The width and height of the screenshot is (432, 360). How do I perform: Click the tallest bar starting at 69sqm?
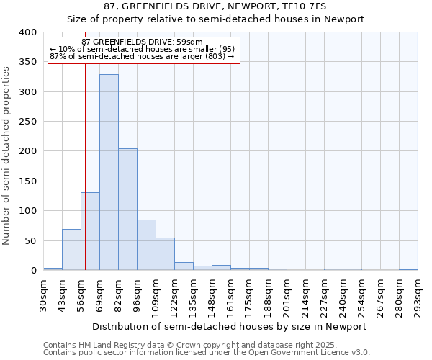pyautogui.click(x=109, y=173)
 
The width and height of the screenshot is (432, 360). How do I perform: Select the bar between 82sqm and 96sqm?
pyautogui.click(x=127, y=210)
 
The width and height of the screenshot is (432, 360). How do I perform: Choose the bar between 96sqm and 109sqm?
pyautogui.click(x=146, y=246)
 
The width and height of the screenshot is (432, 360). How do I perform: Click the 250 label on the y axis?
pyautogui.click(x=27, y=122)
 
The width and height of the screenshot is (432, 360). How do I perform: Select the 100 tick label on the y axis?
pyautogui.click(x=27, y=211)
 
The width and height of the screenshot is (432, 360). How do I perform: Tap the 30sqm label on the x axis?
pyautogui.click(x=43, y=294)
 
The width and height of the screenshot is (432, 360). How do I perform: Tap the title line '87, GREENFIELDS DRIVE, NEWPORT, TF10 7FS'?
pyautogui.click(x=215, y=6)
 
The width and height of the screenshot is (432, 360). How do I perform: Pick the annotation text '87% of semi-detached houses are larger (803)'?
pyautogui.click(x=143, y=56)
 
